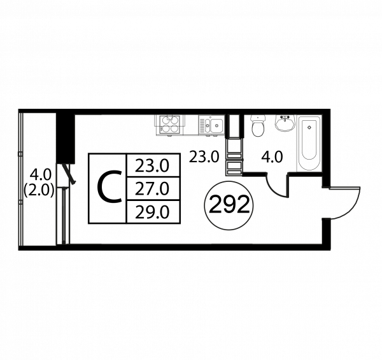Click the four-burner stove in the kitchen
tap(170, 124)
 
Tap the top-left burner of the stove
tap(165, 119)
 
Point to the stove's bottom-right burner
tap(175, 129)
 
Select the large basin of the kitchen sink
tap(215, 125)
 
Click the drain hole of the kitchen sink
tap(215, 125)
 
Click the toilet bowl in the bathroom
tap(257, 130)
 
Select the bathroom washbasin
tap(284, 122)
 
